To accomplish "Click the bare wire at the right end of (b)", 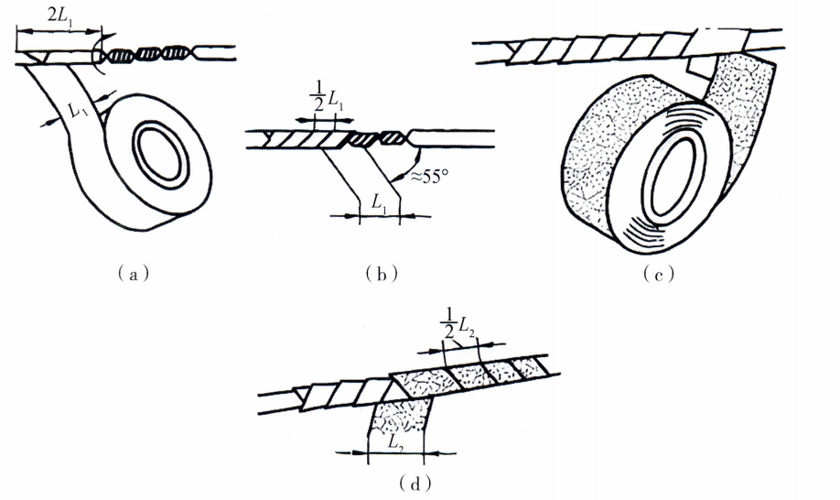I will point(458,138).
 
